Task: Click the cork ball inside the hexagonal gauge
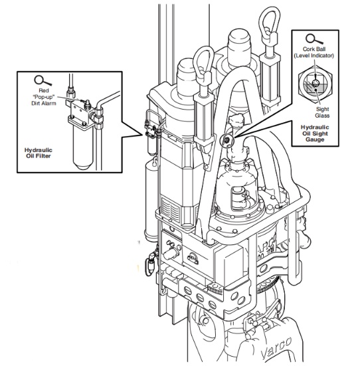[315, 84]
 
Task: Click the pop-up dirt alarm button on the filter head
[84, 103]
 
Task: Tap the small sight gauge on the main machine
[226, 140]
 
